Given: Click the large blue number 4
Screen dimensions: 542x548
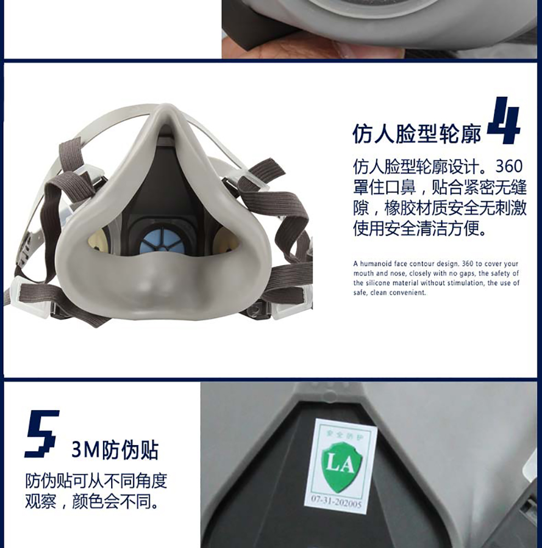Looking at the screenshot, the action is (x=504, y=120).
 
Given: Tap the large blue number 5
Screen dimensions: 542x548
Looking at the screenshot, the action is (x=41, y=434).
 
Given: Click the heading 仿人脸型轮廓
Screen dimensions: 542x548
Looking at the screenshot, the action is (x=416, y=133).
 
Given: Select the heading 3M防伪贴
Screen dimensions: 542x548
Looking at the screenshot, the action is (x=115, y=450).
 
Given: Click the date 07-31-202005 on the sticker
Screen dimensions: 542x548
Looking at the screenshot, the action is (x=336, y=501).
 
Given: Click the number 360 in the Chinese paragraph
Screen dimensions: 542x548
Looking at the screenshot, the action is (x=509, y=166).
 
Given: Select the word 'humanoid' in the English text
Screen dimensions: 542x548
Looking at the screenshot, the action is (x=376, y=264).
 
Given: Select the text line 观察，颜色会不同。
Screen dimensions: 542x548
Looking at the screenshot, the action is (x=91, y=502).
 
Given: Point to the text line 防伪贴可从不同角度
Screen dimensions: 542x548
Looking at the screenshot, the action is (x=96, y=481).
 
